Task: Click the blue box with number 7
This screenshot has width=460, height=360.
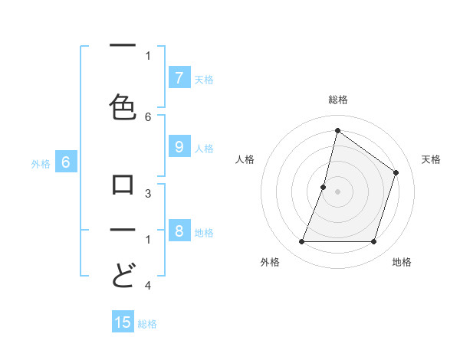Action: pos(179,77)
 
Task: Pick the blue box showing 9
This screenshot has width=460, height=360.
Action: pos(179,147)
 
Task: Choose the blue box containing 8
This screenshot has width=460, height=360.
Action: pos(179,231)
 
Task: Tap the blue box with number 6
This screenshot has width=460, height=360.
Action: pos(66,162)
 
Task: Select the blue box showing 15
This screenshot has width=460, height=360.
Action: pos(123,322)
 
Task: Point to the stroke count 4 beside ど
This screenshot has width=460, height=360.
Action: pos(148,286)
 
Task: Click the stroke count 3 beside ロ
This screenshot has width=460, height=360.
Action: pos(148,194)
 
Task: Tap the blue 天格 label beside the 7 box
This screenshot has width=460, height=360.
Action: pos(204,79)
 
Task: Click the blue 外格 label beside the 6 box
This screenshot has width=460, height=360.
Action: pos(41,163)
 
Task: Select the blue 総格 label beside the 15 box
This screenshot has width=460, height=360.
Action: pos(147,324)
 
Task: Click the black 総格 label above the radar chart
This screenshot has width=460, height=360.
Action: pos(337,100)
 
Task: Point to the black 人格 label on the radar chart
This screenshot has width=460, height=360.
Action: pos(245,159)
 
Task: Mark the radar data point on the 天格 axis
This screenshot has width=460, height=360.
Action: pos(396,172)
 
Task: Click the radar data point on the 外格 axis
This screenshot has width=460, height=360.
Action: pos(301,242)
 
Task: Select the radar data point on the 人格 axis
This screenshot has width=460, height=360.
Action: pos(324,187)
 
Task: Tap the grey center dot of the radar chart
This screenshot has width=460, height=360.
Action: pos(337,191)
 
